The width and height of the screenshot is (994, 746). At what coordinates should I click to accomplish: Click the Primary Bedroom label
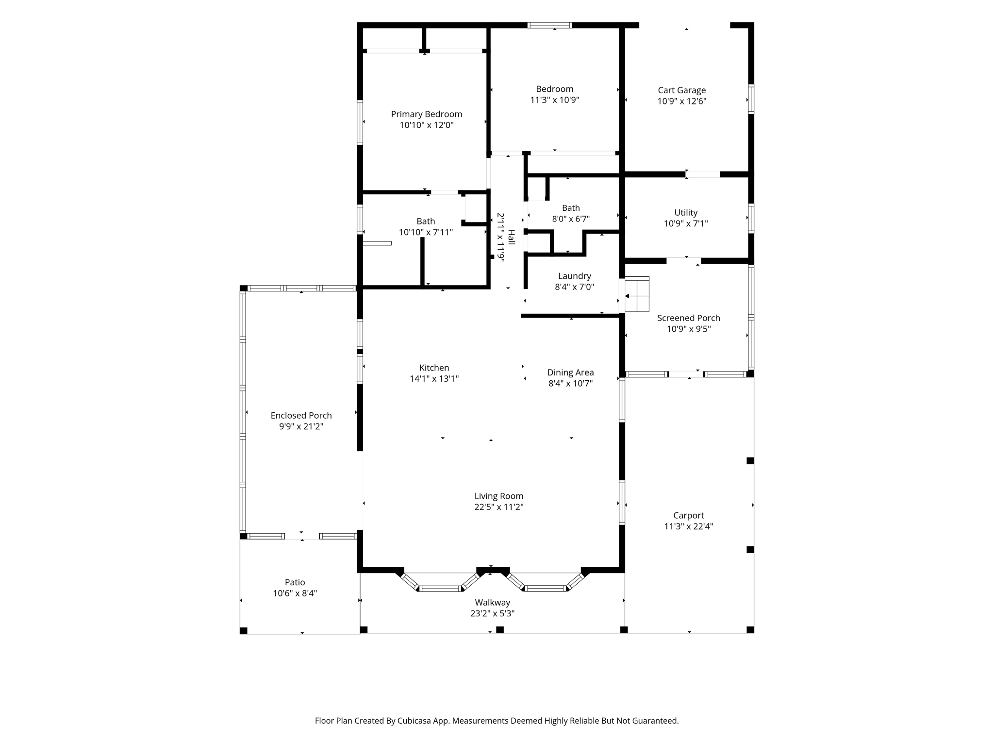pyautogui.click(x=427, y=114)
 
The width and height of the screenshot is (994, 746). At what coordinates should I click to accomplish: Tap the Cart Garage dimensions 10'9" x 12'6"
pyautogui.click(x=682, y=102)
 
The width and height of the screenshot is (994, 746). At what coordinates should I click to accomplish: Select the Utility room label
pyautogui.click(x=686, y=213)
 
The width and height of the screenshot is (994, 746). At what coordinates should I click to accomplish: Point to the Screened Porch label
pyautogui.click(x=689, y=318)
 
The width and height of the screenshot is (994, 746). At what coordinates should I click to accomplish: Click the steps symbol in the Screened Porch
pyautogui.click(x=637, y=294)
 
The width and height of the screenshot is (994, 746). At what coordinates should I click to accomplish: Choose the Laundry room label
pyautogui.click(x=575, y=276)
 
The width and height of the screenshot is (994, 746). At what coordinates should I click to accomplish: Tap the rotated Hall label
pyautogui.click(x=511, y=237)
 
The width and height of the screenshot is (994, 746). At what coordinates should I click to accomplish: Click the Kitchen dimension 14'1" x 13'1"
pyautogui.click(x=434, y=379)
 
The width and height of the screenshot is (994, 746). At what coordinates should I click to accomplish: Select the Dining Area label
pyautogui.click(x=571, y=373)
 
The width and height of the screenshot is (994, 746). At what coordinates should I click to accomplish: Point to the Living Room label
pyautogui.click(x=499, y=496)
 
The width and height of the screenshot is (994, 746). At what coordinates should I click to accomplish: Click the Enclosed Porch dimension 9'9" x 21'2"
pyautogui.click(x=301, y=426)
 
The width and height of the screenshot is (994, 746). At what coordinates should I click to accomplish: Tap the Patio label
pyautogui.click(x=295, y=582)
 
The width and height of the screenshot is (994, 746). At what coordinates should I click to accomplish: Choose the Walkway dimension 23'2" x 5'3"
pyautogui.click(x=493, y=613)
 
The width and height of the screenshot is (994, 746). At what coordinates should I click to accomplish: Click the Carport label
pyautogui.click(x=689, y=515)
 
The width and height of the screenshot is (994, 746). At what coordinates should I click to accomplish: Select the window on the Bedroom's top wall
pyautogui.click(x=550, y=25)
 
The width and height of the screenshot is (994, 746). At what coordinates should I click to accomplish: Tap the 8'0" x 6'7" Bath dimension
pyautogui.click(x=571, y=219)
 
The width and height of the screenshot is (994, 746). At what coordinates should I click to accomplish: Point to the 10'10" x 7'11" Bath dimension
pyautogui.click(x=426, y=233)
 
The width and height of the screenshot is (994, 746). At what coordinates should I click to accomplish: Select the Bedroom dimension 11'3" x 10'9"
pyautogui.click(x=555, y=100)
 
